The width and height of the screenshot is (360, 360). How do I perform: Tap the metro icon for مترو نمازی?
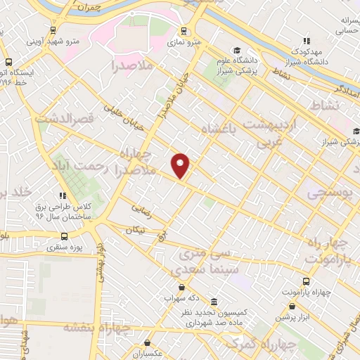[x=184, y=31]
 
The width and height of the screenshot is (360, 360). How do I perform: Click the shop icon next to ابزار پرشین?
[x=292, y=306]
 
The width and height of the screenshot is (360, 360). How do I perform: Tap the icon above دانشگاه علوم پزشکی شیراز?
[x=237, y=52]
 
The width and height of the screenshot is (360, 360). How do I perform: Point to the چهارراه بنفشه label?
[x=97, y=327]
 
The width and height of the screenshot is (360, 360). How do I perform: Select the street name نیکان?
[x=139, y=230]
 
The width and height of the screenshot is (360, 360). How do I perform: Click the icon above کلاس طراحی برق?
[x=63, y=195]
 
